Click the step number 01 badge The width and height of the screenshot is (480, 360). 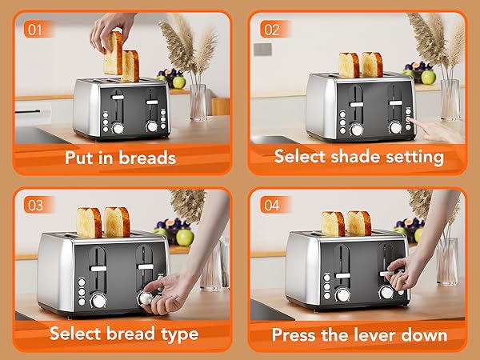click(33, 30)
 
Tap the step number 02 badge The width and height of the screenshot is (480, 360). click(271, 30)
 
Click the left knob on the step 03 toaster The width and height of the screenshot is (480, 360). click(98, 300)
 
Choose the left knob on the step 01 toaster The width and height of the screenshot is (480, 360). click(118, 127)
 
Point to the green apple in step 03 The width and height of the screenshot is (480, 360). click(185, 237)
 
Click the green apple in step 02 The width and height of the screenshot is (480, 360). click(429, 77)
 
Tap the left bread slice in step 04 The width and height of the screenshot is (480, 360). click(334, 223)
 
